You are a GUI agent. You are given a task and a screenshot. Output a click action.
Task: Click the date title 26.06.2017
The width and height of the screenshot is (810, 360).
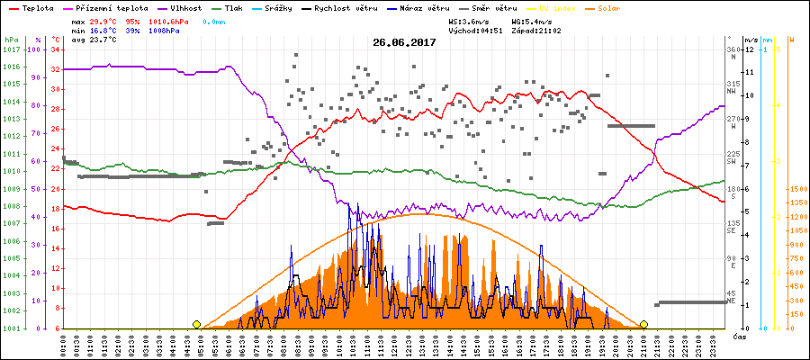(404, 42)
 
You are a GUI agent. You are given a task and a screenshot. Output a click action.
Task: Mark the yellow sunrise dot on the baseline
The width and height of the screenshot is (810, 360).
(196, 324)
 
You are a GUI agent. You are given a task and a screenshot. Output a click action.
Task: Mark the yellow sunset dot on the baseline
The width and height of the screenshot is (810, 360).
(643, 324)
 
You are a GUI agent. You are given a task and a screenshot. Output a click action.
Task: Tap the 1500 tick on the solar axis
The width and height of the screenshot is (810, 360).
(796, 189)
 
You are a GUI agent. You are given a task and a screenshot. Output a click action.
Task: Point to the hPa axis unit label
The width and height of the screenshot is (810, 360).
(11, 40)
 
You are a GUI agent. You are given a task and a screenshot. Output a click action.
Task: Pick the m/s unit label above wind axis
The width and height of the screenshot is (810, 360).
(751, 40)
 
